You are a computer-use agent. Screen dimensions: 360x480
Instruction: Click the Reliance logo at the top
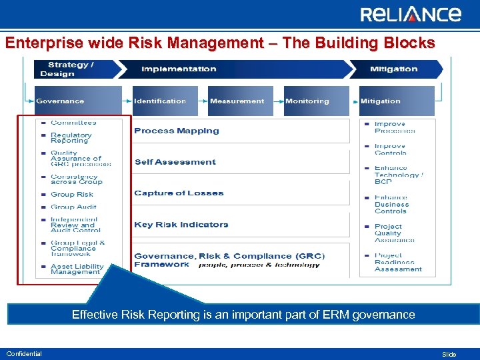[410, 15]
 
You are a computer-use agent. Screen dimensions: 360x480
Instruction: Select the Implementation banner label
[179, 69]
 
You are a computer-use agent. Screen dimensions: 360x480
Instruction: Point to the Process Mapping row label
[177, 131]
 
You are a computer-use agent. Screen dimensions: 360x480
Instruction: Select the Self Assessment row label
[175, 162]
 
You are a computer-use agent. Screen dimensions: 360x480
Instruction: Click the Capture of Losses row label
[179, 193]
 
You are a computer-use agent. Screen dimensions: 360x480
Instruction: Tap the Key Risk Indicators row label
[181, 225]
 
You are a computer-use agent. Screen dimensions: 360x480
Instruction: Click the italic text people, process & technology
[259, 265]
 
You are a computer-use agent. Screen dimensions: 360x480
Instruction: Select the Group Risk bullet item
[72, 195]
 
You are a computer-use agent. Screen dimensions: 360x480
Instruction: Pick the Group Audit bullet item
[73, 207]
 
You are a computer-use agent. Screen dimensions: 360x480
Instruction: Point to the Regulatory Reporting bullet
[71, 138]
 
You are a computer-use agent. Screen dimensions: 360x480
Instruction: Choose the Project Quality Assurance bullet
[394, 233]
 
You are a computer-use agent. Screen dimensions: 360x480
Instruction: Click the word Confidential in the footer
[24, 354]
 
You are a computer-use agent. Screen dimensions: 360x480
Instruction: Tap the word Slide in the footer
[449, 355]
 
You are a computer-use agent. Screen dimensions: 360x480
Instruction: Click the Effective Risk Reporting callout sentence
[243, 315]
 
